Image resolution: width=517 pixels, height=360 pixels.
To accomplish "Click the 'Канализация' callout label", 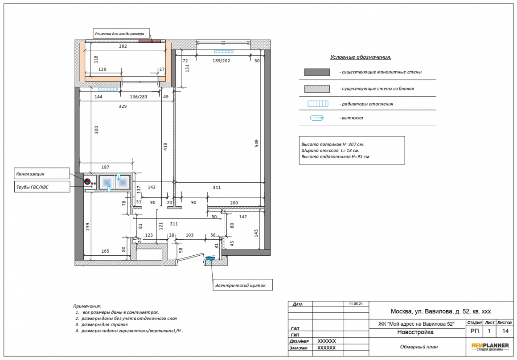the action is tap(42, 173).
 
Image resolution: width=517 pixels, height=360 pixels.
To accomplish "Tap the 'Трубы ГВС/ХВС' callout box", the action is tap(42, 187).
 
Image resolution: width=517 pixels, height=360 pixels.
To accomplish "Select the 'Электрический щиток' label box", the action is tap(242, 285).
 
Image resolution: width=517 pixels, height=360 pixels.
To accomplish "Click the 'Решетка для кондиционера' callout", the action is tap(121, 33).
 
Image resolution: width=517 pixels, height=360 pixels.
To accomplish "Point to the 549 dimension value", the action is tap(257, 143).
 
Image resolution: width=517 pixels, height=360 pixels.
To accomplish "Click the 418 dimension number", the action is tap(165, 147).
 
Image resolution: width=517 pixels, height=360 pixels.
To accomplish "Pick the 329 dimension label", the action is tap(123, 106).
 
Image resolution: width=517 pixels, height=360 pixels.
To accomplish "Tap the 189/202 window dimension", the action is tap(221, 61).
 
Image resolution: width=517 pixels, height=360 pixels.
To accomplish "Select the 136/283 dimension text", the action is tap(139, 97).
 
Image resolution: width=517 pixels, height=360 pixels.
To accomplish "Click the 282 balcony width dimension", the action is tap(123, 46).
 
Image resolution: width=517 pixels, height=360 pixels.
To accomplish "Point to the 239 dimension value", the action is tap(88, 227).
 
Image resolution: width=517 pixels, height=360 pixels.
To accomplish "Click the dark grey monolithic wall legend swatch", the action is tap(317, 72).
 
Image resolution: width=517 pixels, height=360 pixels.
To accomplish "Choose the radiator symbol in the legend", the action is tap(318, 104).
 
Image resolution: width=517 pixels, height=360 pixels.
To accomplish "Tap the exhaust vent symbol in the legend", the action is tap(317, 118).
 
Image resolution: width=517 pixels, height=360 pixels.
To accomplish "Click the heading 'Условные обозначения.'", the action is tap(361, 57).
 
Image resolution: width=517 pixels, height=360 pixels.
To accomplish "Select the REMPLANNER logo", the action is tap(490, 347).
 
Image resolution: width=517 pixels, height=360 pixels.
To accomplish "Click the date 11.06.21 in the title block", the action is tap(356, 303).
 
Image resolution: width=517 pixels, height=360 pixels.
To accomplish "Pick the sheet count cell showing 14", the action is tap(505, 331).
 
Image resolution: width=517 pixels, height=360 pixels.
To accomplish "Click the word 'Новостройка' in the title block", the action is tap(415, 332).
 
